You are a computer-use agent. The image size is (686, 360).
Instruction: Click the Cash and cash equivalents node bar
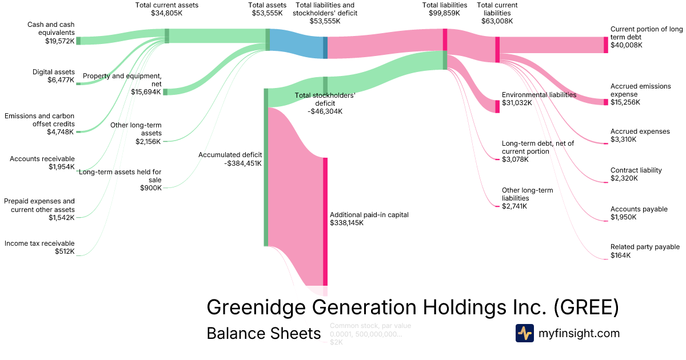click(x=78, y=41)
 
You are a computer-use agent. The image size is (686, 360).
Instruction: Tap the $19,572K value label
click(x=59, y=41)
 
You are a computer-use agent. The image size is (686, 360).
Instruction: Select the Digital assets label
click(x=54, y=72)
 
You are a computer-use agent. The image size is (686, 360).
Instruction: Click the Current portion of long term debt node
click(x=606, y=45)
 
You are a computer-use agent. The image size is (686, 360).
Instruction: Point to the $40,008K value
click(x=626, y=45)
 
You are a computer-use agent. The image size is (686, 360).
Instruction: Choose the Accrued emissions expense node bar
click(x=606, y=102)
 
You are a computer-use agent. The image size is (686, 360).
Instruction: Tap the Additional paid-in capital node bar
click(x=325, y=221)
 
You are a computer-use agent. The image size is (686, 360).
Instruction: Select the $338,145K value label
click(x=346, y=223)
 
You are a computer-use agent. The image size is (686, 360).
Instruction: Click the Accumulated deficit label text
click(x=230, y=155)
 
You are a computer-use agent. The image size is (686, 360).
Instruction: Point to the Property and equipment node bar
click(x=165, y=92)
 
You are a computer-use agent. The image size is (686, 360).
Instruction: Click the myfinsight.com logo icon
click(x=524, y=333)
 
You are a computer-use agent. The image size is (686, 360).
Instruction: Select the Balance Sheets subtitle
click(x=264, y=333)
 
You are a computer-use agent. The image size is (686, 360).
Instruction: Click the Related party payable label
click(x=645, y=247)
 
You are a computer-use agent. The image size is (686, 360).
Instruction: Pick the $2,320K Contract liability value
click(x=624, y=178)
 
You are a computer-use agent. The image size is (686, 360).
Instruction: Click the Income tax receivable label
click(x=39, y=243)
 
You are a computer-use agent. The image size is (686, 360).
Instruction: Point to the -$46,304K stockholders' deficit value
click(x=325, y=111)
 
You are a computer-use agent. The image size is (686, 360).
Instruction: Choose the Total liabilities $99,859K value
click(x=445, y=13)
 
